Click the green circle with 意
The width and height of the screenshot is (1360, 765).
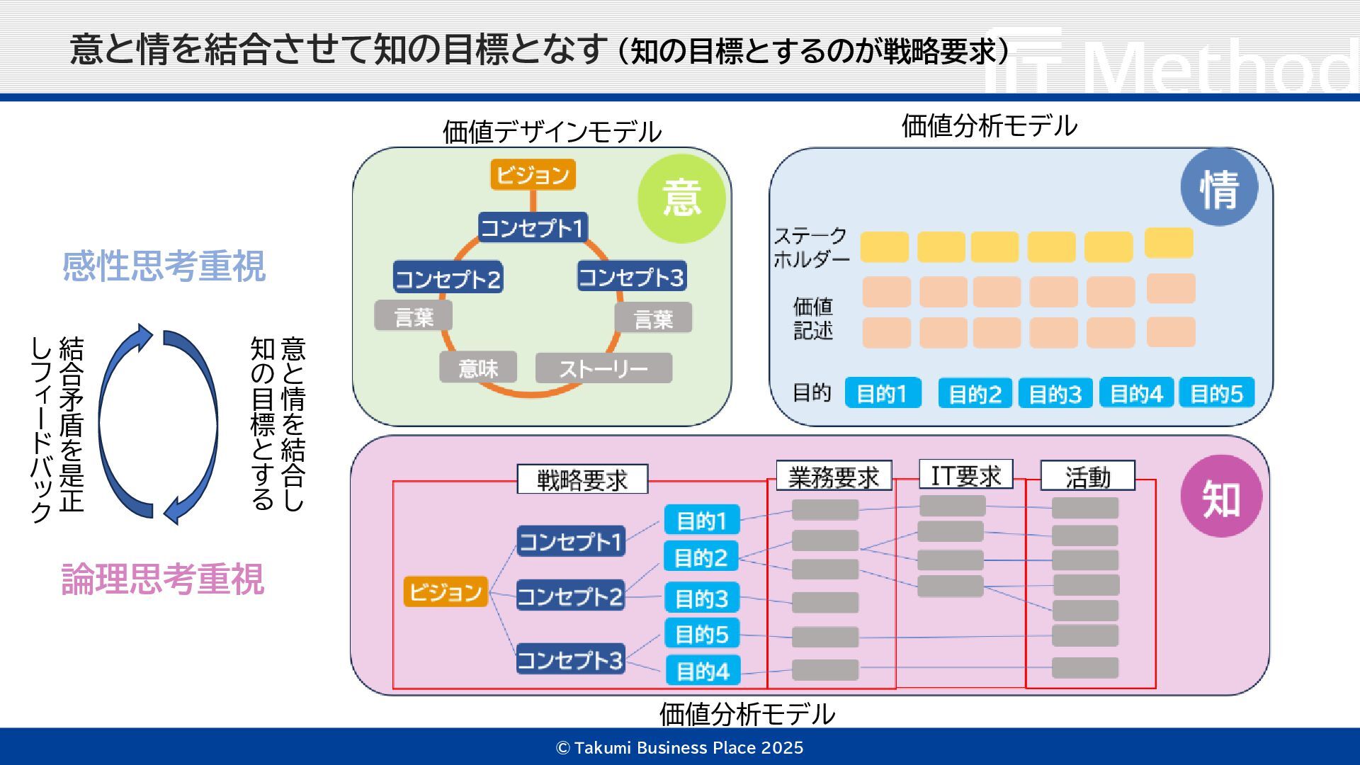(681, 198)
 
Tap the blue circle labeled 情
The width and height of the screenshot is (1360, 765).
(1219, 188)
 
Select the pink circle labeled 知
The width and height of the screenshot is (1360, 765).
(1221, 497)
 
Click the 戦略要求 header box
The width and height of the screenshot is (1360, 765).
(582, 480)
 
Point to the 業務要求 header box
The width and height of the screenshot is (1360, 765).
(834, 476)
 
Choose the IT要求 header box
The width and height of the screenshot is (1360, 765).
(965, 475)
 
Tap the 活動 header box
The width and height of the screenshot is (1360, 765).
(1087, 476)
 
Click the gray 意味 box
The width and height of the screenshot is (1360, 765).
(478, 368)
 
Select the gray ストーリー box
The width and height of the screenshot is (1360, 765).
(603, 368)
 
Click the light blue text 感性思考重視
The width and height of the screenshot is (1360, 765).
(164, 266)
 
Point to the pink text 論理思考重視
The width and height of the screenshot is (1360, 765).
(163, 579)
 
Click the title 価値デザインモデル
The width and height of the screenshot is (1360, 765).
(552, 132)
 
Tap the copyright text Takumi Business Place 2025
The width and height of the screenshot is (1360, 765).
(680, 748)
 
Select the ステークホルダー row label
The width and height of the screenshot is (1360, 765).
(811, 247)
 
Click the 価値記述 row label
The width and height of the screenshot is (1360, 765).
(812, 318)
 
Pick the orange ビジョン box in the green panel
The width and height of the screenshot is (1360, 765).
(533, 174)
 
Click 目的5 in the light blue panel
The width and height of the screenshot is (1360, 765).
(1216, 393)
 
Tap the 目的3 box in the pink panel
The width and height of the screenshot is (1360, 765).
(701, 598)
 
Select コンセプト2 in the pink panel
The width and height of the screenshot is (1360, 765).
(570, 596)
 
